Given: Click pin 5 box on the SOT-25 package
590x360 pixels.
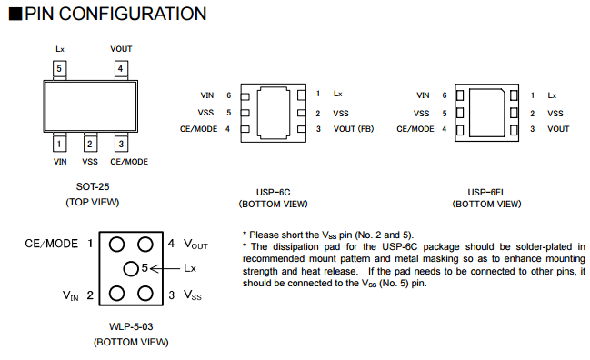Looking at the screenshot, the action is tap(59, 69).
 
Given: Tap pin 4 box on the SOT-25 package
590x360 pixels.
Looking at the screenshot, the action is tap(121, 69).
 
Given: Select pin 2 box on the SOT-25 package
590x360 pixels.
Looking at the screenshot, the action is tap(90, 144).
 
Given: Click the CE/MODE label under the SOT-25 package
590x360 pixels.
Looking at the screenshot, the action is tap(129, 162).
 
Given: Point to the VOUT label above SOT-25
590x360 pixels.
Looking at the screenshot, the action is tap(121, 49).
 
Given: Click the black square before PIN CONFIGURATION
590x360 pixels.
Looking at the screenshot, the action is tap(15, 14).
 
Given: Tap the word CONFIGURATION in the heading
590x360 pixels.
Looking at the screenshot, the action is tap(133, 14).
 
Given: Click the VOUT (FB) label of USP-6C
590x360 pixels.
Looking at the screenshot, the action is tap(354, 129).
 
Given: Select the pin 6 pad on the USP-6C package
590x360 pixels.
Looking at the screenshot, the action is tap(245, 96).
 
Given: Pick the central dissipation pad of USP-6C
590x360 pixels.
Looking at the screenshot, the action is tap(274, 113).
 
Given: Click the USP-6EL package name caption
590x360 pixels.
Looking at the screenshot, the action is tap(486, 192).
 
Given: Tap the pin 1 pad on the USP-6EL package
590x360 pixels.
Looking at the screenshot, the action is tap(514, 95).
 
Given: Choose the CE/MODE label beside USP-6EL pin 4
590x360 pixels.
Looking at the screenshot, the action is tap(415, 129).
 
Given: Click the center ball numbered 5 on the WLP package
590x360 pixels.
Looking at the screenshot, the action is tap(131, 268).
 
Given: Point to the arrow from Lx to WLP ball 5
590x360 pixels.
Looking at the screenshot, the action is tap(165, 268).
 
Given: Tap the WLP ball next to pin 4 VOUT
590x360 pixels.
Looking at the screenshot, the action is tap(145, 245).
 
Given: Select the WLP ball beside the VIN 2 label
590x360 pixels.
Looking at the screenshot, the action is tap(116, 294).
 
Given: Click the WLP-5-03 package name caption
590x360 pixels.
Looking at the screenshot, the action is tap(131, 326).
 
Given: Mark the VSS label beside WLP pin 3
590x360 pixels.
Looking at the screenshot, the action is tap(193, 295).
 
